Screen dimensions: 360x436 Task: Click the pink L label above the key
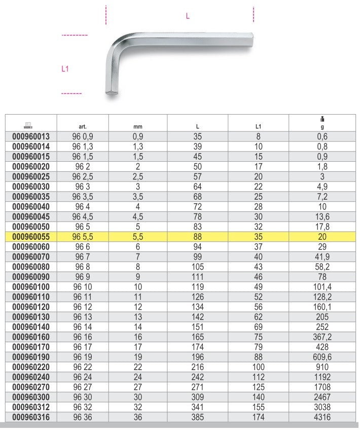188,16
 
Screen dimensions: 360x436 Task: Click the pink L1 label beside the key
65,68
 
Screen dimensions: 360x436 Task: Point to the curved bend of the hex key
117,45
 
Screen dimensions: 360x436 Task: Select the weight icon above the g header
322,119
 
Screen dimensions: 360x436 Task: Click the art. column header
83,127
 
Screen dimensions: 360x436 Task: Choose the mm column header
138,127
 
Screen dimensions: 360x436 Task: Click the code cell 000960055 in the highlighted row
31,237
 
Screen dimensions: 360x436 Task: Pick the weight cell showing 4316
322,417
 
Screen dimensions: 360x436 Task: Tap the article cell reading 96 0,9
83,136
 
